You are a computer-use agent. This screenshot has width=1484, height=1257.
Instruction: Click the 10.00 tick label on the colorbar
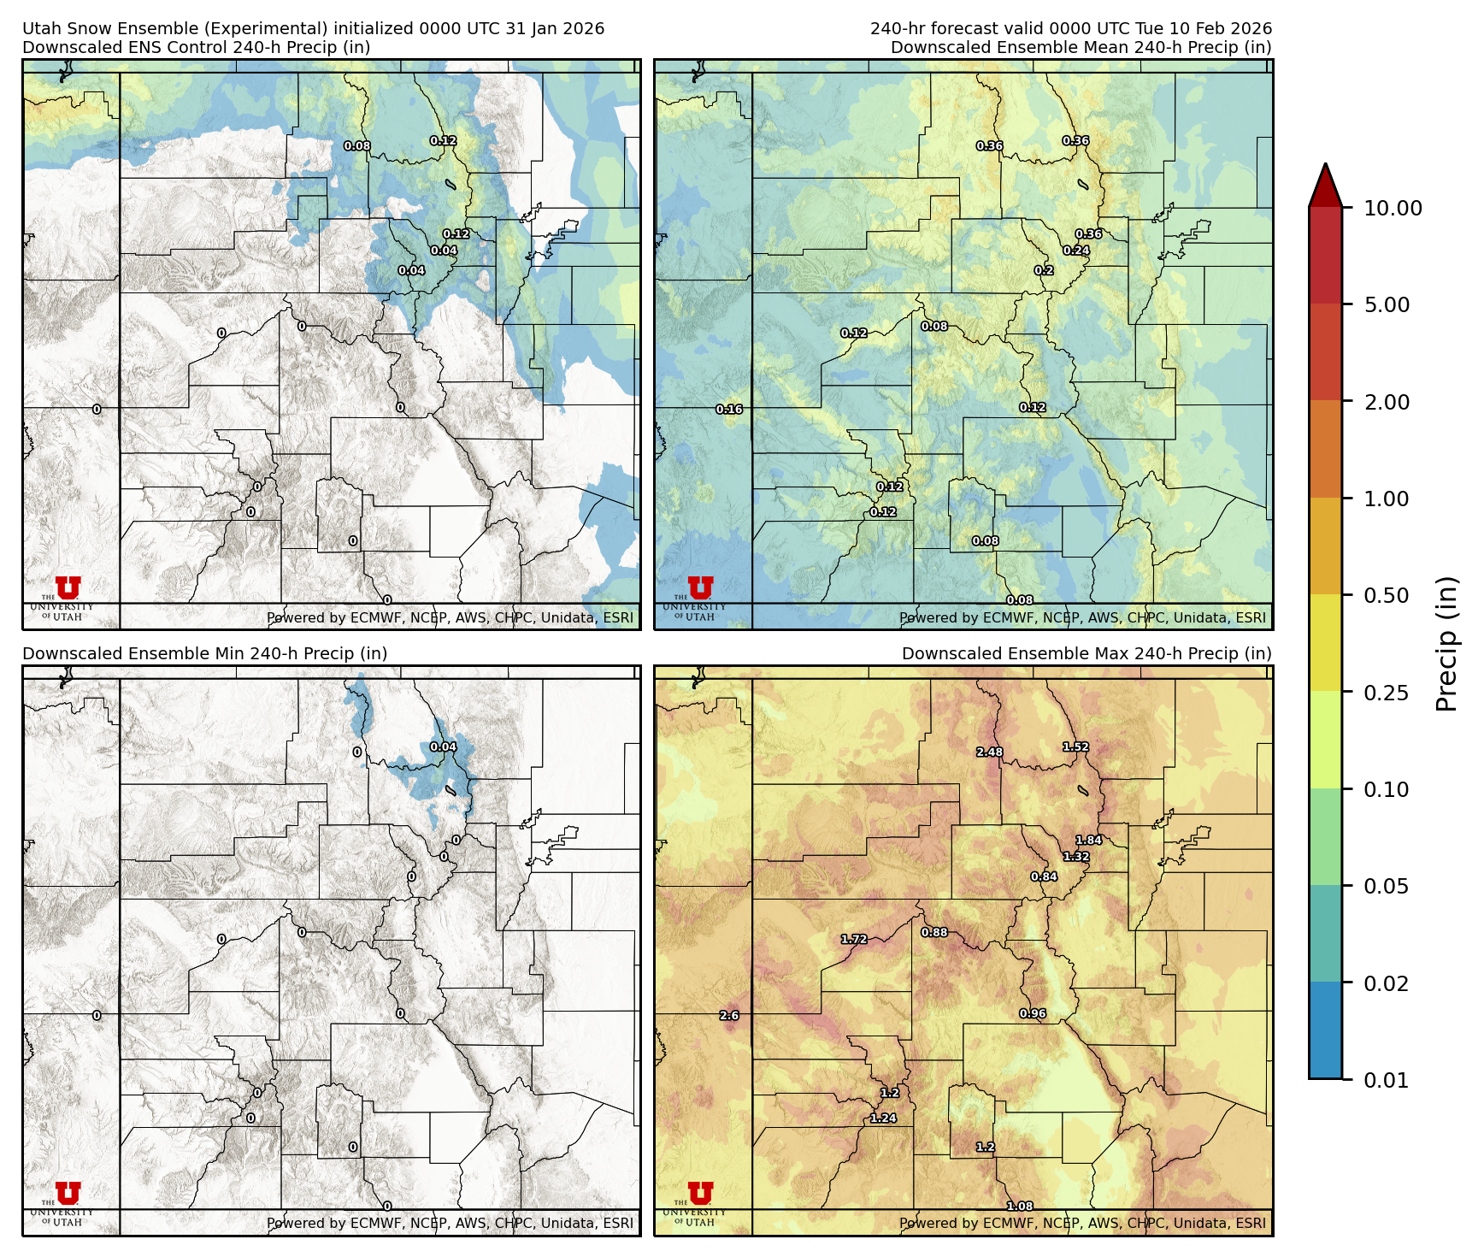tap(1393, 208)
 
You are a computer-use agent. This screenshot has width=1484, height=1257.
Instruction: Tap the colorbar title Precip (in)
tap(1446, 644)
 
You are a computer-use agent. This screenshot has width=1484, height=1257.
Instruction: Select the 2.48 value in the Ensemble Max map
tap(989, 752)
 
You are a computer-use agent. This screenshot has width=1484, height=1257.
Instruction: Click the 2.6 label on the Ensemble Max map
tap(729, 1016)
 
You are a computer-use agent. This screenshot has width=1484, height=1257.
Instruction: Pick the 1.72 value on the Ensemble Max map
tap(854, 939)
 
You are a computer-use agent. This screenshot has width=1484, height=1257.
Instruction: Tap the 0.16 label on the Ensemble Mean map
tap(729, 410)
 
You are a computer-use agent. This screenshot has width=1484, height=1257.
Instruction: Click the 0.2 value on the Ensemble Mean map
tap(1044, 270)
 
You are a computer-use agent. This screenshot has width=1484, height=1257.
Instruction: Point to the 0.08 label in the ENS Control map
tap(357, 146)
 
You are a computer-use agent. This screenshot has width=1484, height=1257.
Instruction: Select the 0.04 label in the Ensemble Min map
tap(443, 747)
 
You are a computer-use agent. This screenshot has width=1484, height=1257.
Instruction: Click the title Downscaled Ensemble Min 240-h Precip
tap(204, 653)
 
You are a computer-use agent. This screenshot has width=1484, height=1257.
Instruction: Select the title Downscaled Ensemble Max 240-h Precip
tap(1086, 653)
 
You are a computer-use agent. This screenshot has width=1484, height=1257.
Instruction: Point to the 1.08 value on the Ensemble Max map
tap(1020, 1206)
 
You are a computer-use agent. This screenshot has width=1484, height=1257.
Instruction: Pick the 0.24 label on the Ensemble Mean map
tap(1076, 251)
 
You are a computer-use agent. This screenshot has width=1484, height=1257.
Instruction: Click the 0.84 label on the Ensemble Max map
tap(1044, 876)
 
